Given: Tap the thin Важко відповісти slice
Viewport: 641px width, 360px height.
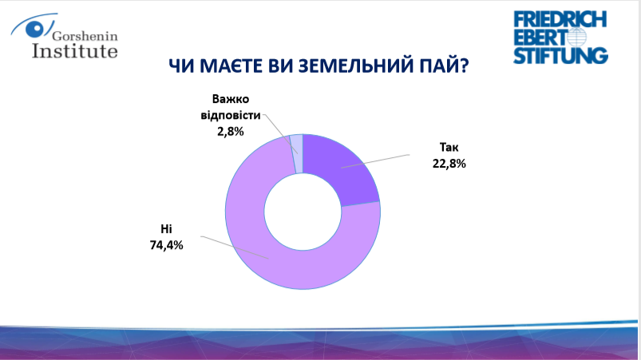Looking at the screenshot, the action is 297,153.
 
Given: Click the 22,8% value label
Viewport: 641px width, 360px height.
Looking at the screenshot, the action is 449,164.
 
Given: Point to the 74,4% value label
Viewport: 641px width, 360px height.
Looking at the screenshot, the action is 166,245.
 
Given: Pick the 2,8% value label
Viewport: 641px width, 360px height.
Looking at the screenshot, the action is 231,132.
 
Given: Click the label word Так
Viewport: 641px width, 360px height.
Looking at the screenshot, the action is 449,147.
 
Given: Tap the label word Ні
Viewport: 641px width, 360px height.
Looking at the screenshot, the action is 166,228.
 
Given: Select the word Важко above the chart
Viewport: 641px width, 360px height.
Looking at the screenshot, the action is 231,99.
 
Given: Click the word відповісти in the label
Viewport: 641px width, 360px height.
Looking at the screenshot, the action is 231,115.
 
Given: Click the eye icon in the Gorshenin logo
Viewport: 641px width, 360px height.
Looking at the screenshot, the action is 35,29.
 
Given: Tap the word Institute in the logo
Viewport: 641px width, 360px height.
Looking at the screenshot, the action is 75,50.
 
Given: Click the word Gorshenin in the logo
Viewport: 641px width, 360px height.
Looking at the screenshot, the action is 85,36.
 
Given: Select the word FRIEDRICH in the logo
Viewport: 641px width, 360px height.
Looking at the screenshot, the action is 560,19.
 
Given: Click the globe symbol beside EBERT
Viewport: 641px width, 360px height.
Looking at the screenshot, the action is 576,38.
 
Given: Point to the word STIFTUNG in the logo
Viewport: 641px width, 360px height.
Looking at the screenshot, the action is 560,56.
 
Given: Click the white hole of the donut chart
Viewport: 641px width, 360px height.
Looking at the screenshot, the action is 303,212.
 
